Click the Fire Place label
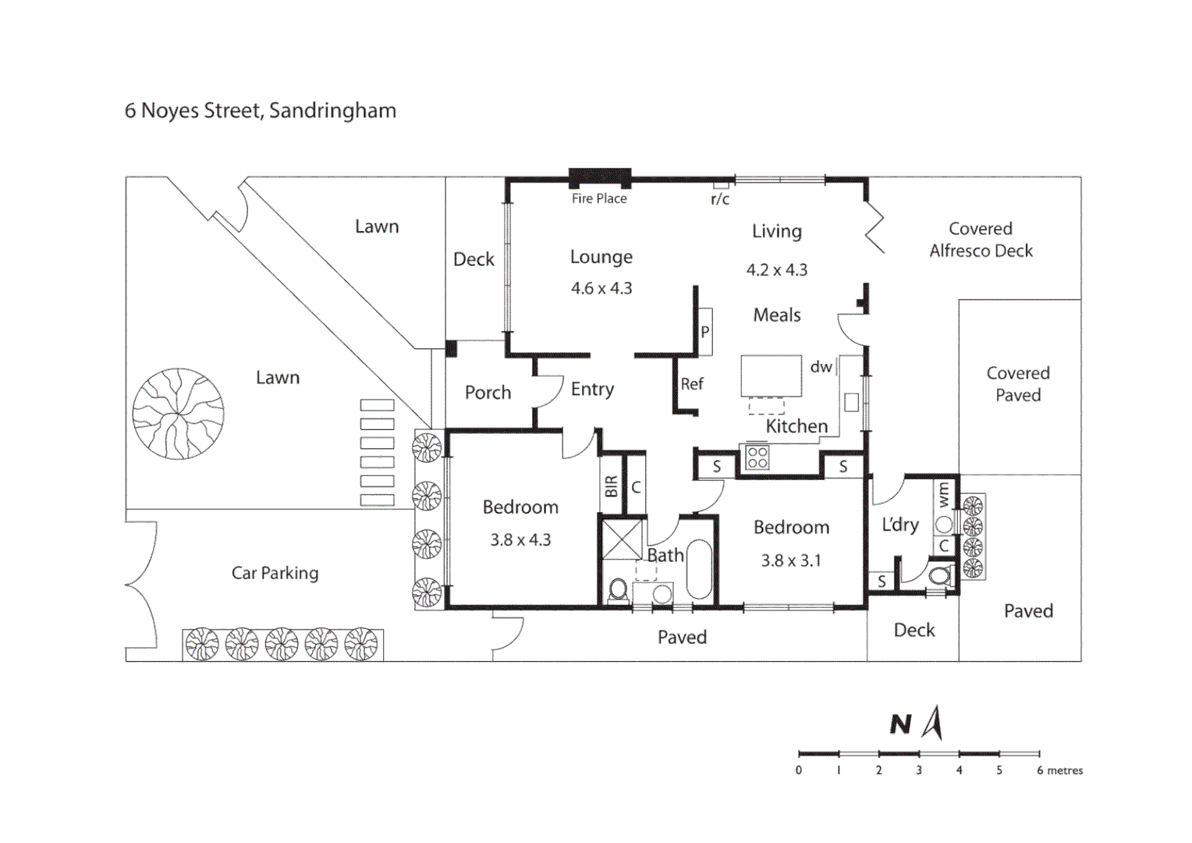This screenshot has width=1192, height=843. [599, 199]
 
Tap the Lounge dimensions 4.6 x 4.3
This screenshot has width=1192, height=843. [601, 288]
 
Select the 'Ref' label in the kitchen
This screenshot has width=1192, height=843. [692, 384]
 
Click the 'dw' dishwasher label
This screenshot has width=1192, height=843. [821, 367]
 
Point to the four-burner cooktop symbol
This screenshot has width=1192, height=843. [757, 457]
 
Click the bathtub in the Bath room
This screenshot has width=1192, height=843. [699, 570]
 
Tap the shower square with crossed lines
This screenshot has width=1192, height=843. [623, 539]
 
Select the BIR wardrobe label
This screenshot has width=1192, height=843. [611, 486]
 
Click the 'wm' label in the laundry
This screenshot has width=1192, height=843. [944, 494]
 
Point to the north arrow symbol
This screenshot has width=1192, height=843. [933, 723]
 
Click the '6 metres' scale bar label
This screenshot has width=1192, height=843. [1059, 770]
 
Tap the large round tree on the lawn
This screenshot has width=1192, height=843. [178, 414]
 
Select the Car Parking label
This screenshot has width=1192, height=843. [275, 573]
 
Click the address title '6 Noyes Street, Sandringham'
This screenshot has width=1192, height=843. [261, 111]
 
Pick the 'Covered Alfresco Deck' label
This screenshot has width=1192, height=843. [981, 240]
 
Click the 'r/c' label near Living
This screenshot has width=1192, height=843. [719, 200]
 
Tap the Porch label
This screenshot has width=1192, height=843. [488, 393]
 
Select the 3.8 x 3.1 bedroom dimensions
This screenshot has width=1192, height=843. [791, 560]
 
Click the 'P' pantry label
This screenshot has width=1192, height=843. [704, 333]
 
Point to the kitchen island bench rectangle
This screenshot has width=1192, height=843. [771, 375]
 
